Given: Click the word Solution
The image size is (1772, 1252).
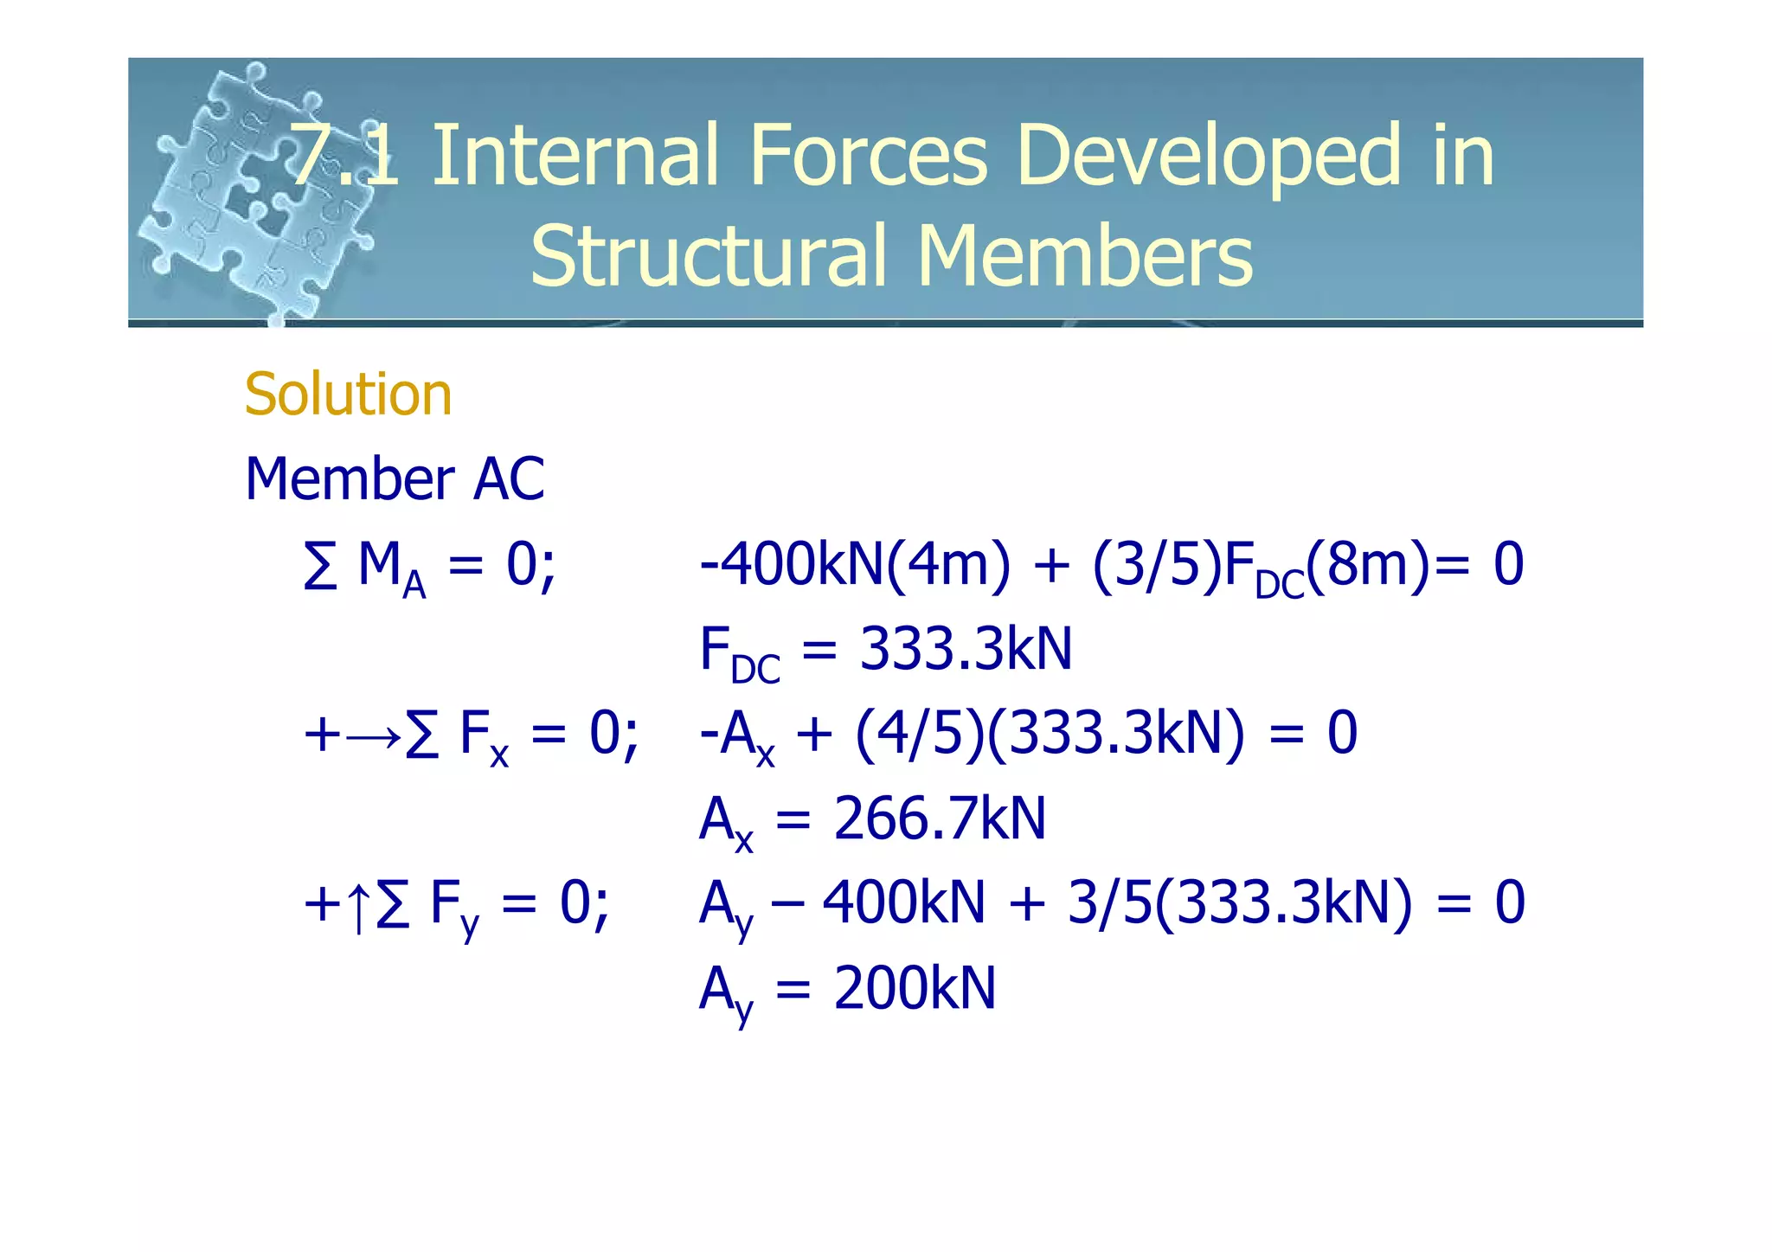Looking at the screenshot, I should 348,395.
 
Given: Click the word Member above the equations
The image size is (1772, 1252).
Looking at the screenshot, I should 350,478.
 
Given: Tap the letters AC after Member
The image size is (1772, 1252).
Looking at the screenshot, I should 509,478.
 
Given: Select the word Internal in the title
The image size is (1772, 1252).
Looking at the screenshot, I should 574,156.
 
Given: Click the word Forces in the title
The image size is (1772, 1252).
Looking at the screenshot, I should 869,156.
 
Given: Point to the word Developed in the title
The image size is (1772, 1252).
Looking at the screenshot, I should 1208,157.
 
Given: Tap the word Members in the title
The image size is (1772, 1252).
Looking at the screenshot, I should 1085,256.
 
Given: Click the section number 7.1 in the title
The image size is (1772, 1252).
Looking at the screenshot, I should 344,156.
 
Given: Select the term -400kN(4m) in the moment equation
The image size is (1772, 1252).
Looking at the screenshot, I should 854,564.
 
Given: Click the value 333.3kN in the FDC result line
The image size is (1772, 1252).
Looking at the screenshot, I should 966,649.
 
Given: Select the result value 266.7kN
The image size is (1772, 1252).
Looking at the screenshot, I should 940,819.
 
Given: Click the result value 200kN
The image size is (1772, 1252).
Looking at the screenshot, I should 915,988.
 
